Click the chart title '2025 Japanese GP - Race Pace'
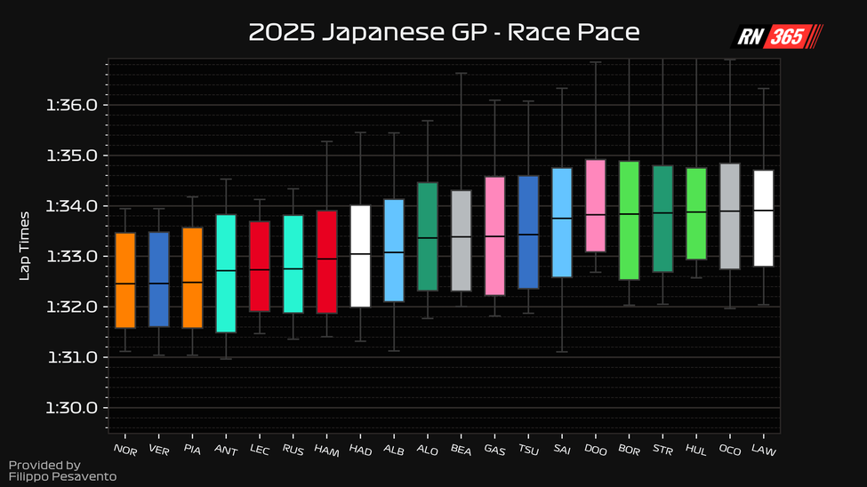pos(444,33)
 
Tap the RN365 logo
pos(776,36)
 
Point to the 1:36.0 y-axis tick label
pos(71,105)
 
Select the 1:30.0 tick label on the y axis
pos(71,408)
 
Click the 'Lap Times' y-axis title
pos(25,245)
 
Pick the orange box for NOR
pos(125,280)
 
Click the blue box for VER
pos(159,279)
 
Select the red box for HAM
pos(327,261)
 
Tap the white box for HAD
pos(360,256)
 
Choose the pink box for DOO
pos(596,205)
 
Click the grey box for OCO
pos(730,216)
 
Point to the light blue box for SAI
pos(562,222)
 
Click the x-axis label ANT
pos(226,451)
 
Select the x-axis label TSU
pos(528,451)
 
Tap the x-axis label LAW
pos(764,451)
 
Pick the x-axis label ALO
pos(428,451)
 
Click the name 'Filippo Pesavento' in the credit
pos(62,477)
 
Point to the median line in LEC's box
pos(260,269)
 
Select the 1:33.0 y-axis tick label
pos(71,257)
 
